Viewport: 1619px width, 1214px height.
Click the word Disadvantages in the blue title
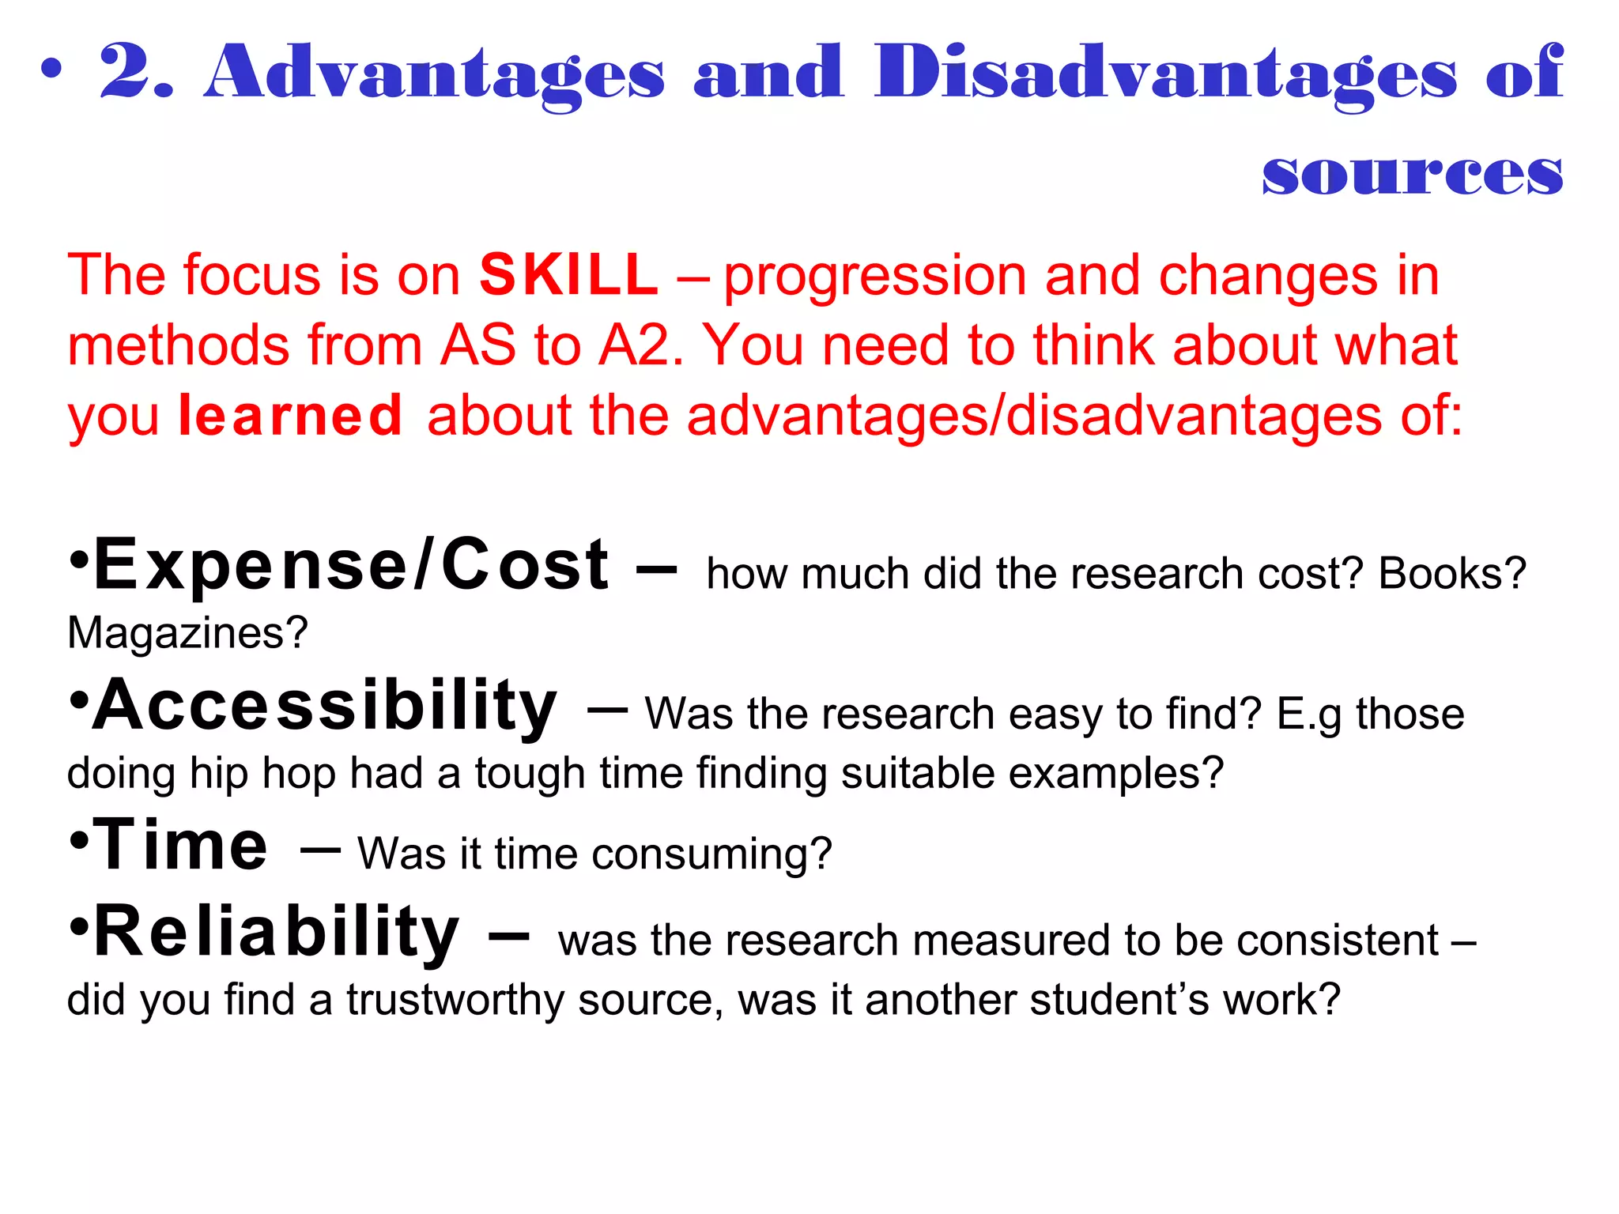1165,73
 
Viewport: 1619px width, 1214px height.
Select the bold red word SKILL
568,275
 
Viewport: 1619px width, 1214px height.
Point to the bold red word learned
291,416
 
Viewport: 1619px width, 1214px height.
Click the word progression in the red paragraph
875,277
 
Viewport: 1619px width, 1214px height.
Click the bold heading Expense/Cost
351,564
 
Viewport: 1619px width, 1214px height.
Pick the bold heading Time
182,845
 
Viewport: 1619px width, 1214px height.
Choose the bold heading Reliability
277,933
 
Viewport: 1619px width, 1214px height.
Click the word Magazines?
187,632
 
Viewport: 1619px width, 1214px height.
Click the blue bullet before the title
51,70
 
